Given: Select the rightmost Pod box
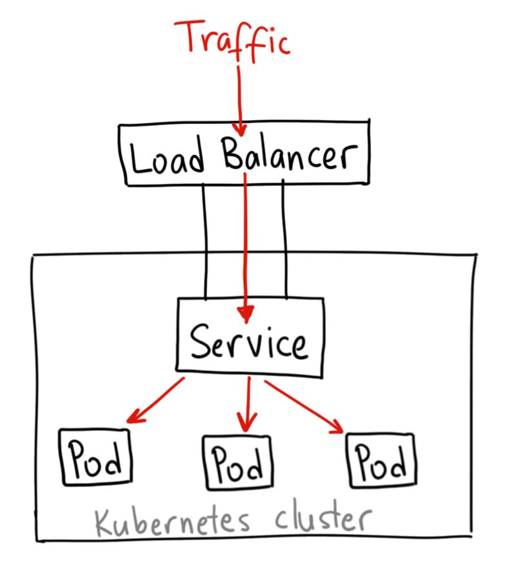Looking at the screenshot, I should (381, 460).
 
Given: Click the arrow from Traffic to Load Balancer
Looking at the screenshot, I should (240, 97).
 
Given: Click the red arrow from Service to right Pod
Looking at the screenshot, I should (303, 406).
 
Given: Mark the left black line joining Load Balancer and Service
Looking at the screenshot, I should (205, 242).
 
